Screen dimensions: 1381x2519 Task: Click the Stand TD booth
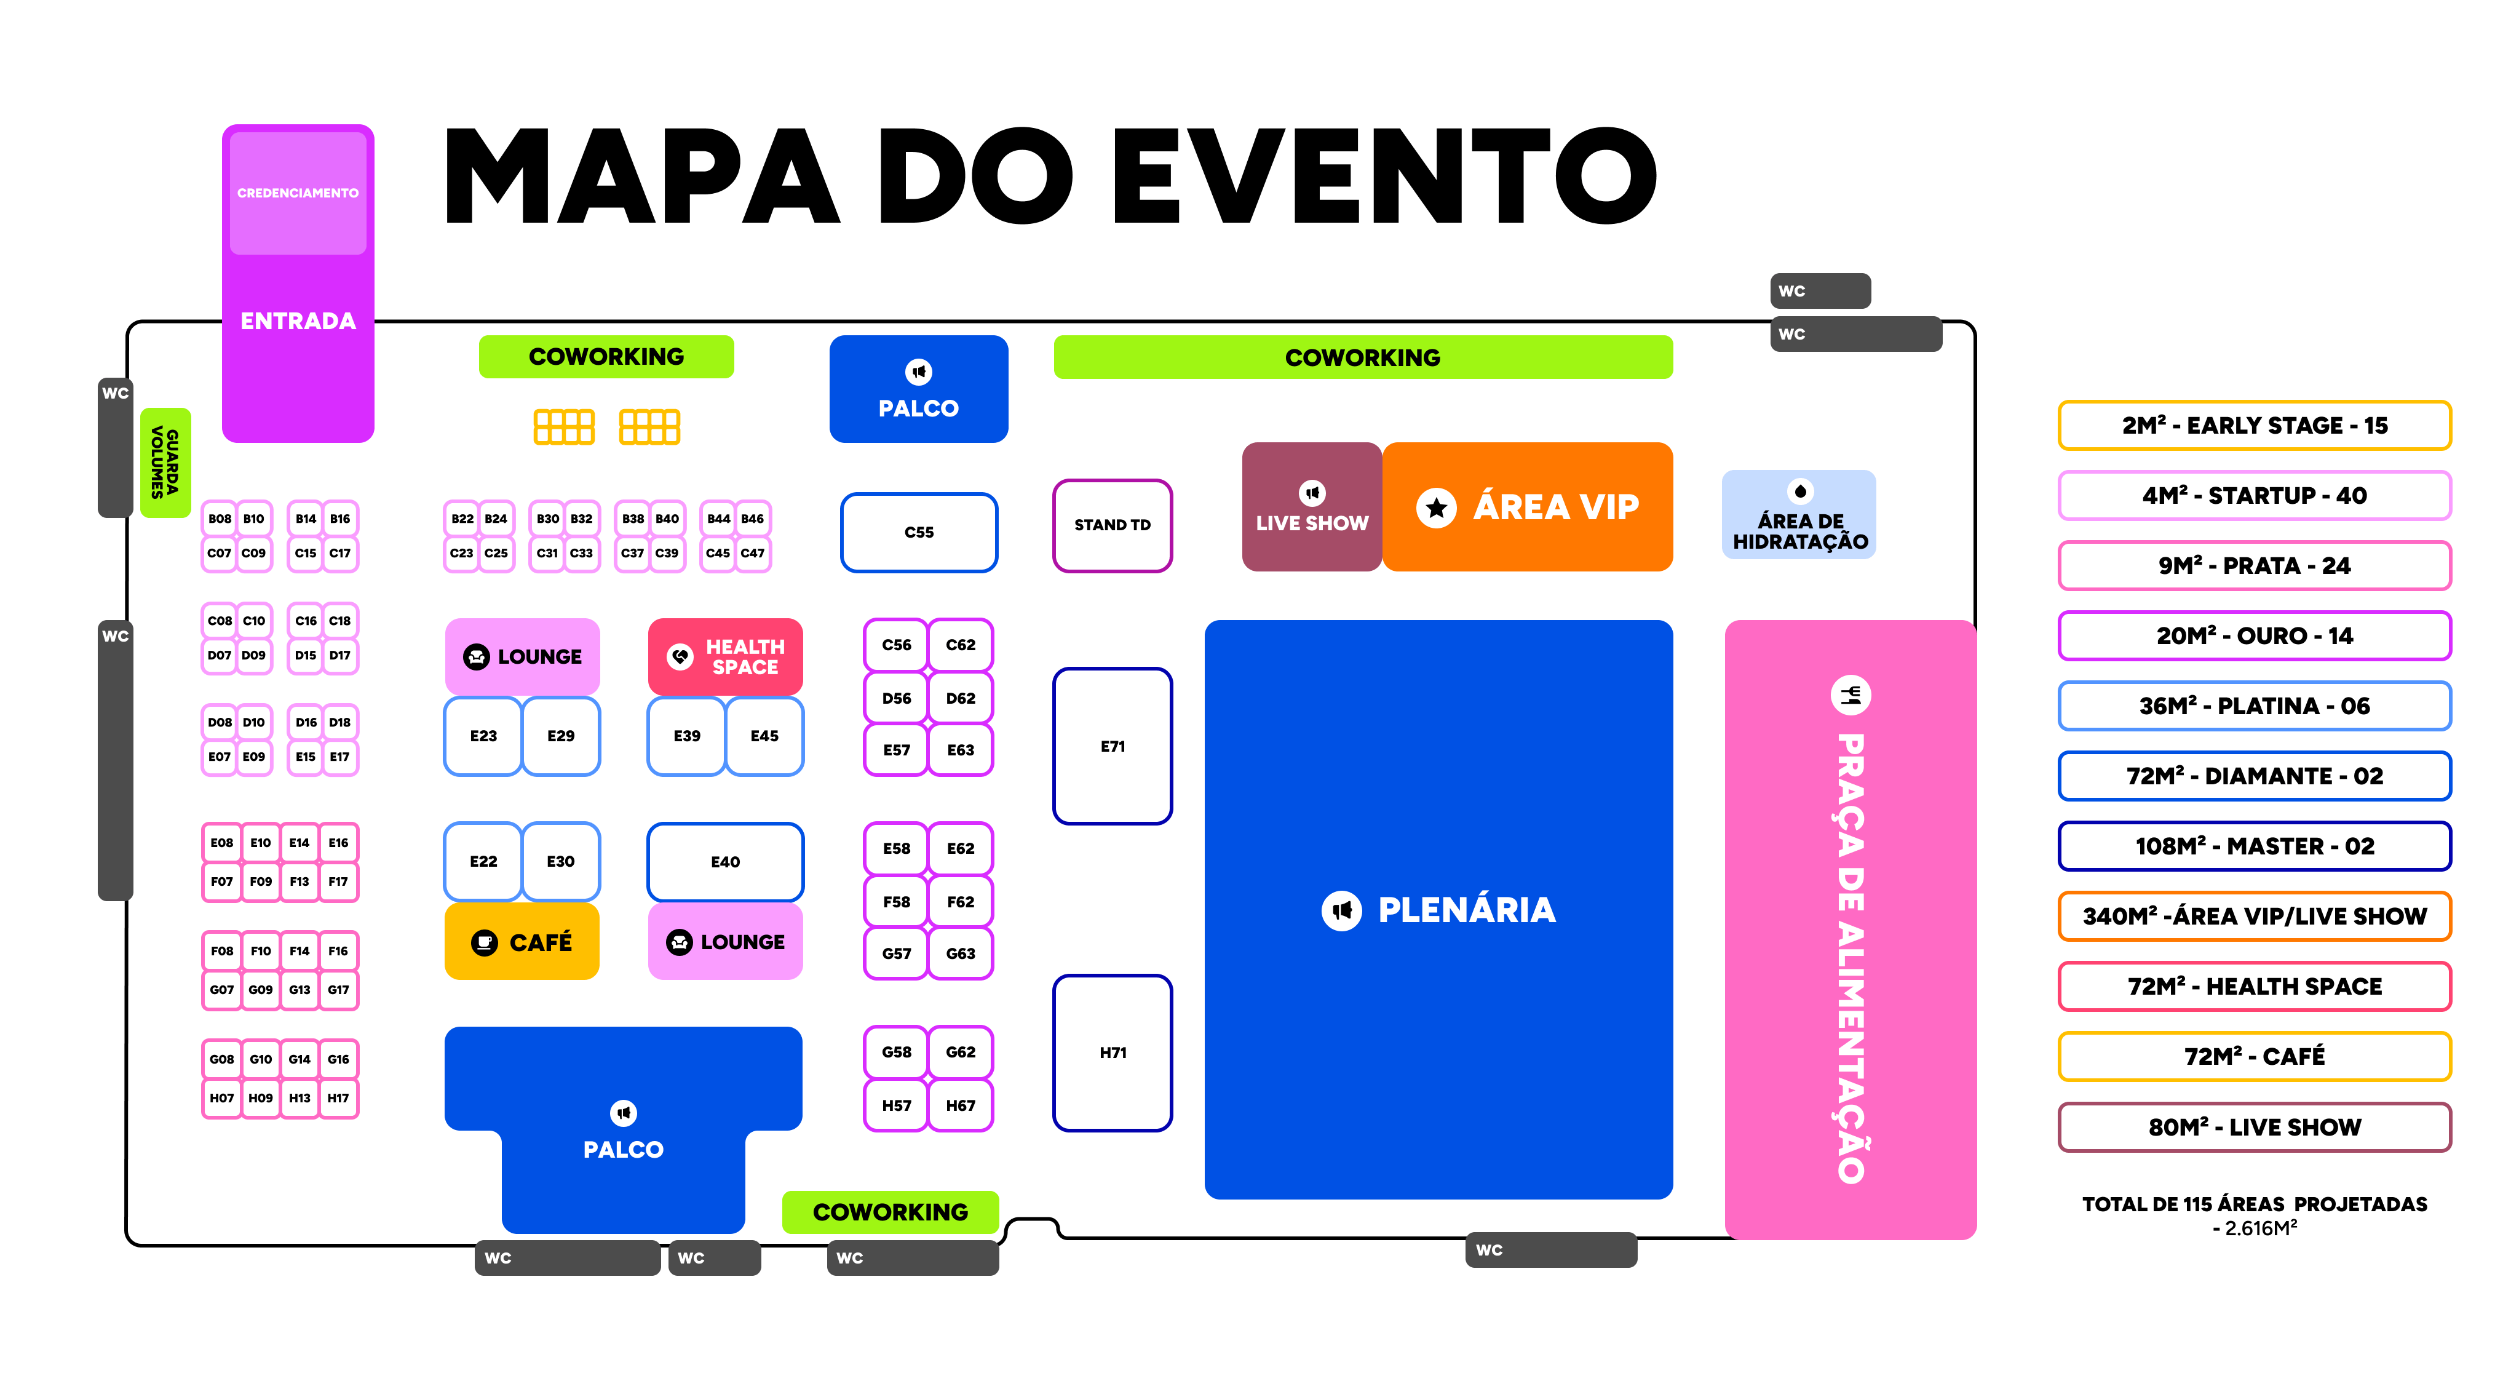[1112, 525]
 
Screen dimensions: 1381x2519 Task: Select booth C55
[918, 532]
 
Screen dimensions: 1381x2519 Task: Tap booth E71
[1112, 746]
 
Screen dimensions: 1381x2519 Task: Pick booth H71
[1112, 1053]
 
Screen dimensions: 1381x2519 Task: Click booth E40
[724, 862]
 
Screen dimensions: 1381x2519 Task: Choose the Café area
[522, 942]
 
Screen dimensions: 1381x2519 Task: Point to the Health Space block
[724, 656]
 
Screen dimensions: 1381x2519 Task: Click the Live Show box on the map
[1311, 507]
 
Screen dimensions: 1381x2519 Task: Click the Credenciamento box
[297, 193]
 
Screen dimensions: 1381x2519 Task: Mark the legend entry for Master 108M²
[2254, 846]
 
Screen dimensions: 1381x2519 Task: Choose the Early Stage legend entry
[2254, 426]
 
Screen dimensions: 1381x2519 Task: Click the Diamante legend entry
[2254, 776]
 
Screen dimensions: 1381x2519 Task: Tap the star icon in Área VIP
[1435, 507]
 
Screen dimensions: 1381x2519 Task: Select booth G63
[960, 953]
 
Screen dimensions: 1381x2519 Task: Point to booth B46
[752, 519]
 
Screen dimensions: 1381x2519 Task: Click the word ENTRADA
[297, 321]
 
